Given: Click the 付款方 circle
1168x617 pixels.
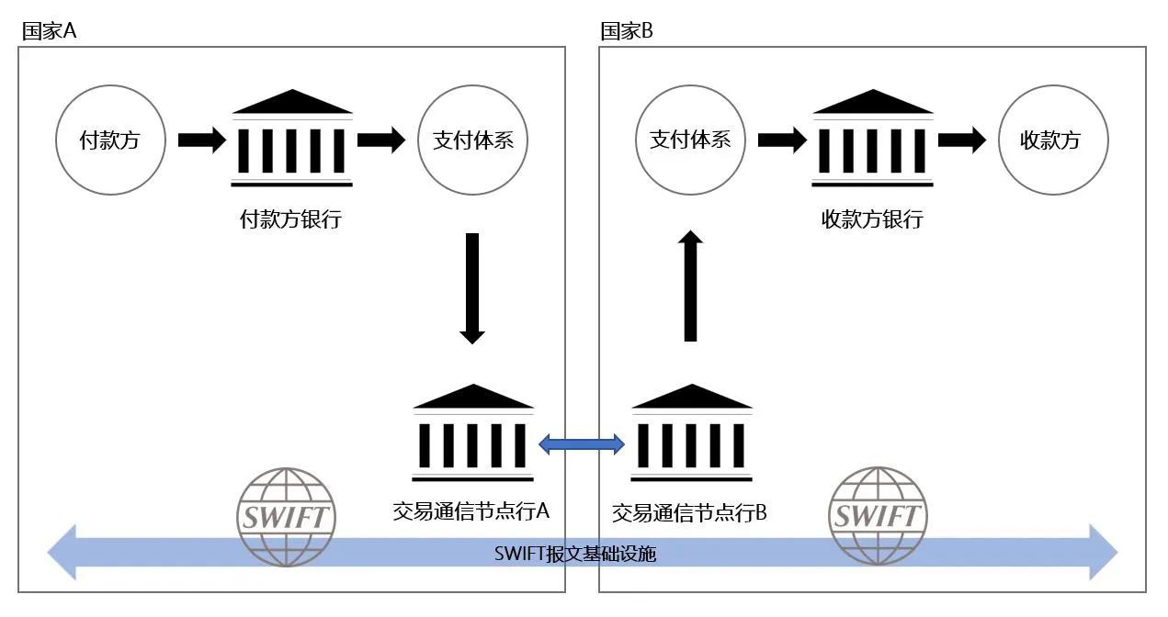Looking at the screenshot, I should (x=111, y=140).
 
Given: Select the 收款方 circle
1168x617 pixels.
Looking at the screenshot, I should (x=1052, y=140).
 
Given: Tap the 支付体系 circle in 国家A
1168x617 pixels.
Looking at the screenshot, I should (x=472, y=140).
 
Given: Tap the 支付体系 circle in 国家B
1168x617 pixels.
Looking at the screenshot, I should (x=690, y=140).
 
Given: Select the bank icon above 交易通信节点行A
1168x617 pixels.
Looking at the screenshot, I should (x=472, y=433).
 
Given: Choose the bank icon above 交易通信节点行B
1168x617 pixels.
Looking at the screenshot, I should (x=691, y=433).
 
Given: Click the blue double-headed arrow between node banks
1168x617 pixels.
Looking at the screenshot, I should (x=581, y=444).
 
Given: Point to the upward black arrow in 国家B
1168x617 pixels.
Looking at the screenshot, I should (x=691, y=286).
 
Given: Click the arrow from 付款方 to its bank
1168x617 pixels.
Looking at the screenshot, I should (x=201, y=140).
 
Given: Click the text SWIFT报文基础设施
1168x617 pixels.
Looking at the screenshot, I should (x=576, y=554).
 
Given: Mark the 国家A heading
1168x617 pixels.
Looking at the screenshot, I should (x=50, y=31).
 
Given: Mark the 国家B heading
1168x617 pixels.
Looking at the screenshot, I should (x=627, y=31).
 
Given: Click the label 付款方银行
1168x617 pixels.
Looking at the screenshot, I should (x=290, y=220).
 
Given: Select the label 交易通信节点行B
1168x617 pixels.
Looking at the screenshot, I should (x=689, y=512).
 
